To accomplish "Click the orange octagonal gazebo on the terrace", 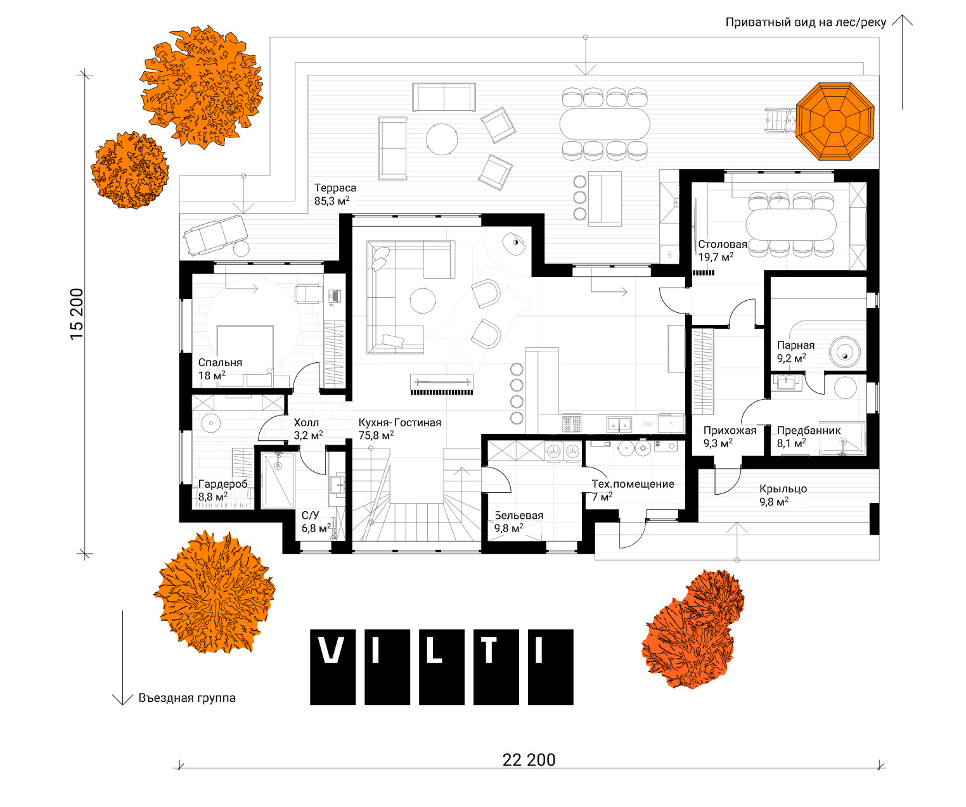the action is click(835, 122).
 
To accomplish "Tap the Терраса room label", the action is click(335, 187).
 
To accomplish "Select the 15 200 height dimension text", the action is click(77, 314).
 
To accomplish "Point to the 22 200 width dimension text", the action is click(529, 760).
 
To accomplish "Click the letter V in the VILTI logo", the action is click(332, 651).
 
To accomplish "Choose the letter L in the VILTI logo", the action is click(434, 651).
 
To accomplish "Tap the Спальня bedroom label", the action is click(220, 362).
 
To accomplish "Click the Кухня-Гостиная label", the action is click(400, 423).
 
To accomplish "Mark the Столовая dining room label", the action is click(722, 244).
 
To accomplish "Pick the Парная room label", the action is click(795, 345).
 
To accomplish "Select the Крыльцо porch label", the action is click(783, 489).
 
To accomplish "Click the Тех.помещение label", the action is click(633, 484).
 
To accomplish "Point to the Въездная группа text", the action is click(187, 698).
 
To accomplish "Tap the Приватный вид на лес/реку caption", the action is click(806, 22).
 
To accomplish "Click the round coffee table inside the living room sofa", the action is click(422, 301).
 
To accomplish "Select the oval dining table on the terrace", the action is click(605, 124).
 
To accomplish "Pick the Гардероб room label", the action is click(223, 484).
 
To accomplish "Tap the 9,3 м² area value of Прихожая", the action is click(718, 443).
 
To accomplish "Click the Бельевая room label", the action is click(518, 515).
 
